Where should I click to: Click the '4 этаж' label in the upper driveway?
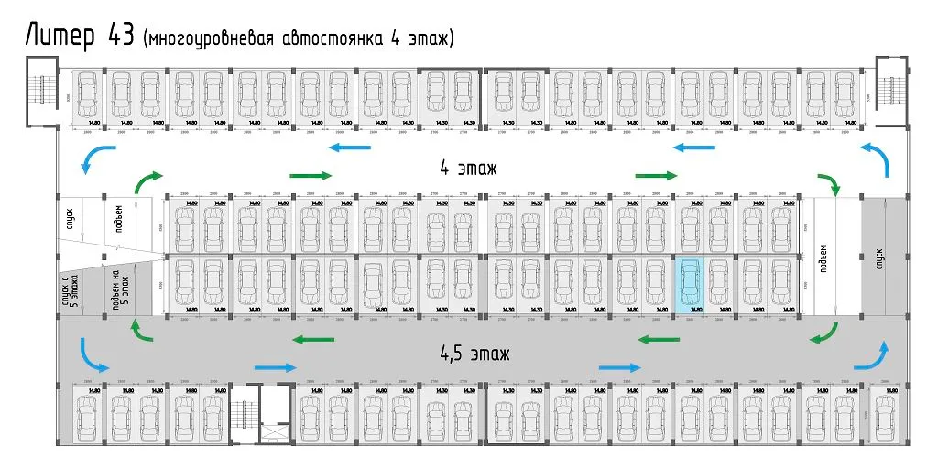pyautogui.click(x=467, y=169)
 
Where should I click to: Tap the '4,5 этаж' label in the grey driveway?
pyautogui.click(x=472, y=353)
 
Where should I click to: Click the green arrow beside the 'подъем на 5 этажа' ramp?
pyautogui.click(x=141, y=330)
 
